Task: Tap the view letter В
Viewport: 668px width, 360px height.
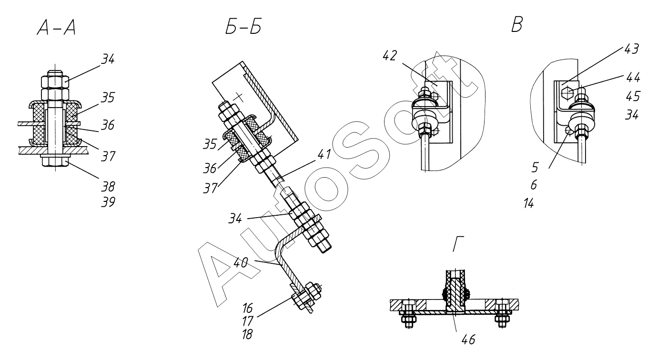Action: click(517, 25)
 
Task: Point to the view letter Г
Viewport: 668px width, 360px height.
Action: click(459, 244)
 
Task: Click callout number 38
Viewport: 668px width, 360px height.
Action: click(108, 187)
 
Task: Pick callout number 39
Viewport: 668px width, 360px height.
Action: click(108, 202)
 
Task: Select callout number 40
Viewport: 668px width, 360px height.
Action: click(241, 262)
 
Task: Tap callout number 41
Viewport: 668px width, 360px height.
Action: click(324, 154)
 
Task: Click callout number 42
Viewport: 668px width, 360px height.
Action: click(390, 56)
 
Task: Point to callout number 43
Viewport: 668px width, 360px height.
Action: click(631, 49)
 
